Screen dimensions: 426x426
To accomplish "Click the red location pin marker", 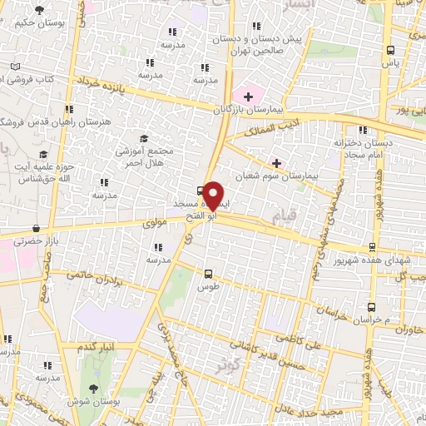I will coord(214,194).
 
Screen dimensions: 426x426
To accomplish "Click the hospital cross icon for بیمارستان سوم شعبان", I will coord(276,162).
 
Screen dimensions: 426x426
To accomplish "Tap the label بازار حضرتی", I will coord(37,240).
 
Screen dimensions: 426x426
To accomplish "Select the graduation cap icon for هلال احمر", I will coord(142,138).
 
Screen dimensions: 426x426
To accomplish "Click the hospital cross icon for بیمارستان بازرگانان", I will coord(248,97).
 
